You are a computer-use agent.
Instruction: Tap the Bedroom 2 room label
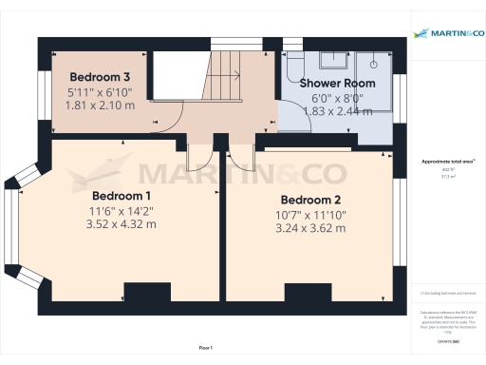coord(310,200)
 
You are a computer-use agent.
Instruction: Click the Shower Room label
coord(337,84)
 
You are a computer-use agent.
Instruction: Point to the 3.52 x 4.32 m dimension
coord(121,224)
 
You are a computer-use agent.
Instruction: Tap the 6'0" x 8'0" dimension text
coord(338,97)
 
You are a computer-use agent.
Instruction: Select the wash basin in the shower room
coord(333,61)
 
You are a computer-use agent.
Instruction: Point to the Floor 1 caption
coord(206,349)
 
